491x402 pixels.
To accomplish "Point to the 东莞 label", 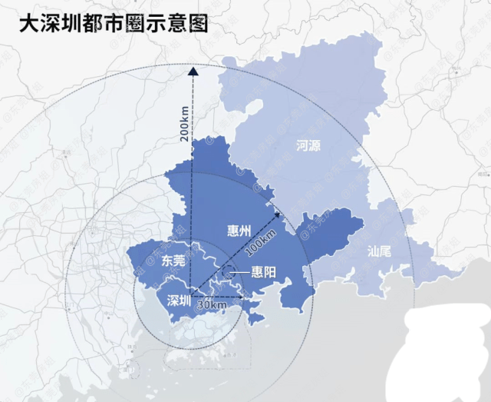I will tap(174, 260).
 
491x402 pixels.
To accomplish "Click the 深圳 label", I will tap(178, 299).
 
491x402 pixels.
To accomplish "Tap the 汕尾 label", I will tap(380, 251).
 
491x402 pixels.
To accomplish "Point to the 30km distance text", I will tap(213, 305).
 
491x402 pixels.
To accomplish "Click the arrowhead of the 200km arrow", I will tap(193, 71).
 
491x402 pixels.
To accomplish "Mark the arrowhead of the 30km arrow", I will tap(240, 296).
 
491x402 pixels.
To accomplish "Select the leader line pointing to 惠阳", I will tap(243, 272).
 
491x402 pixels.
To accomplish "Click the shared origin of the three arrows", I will tap(193, 296).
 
